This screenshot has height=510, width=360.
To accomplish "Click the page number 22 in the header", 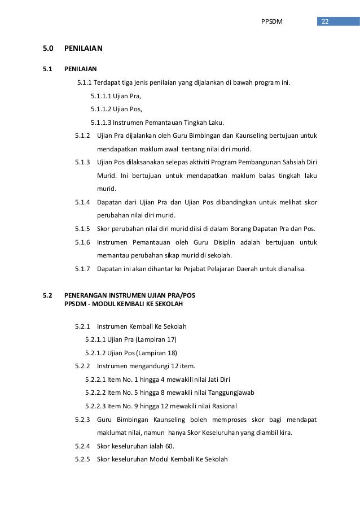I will [324, 22].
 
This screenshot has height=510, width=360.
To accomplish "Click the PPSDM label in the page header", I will [271, 22].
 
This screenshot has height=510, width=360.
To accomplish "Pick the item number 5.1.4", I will [83, 202].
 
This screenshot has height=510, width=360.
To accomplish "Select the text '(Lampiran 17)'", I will [158, 339].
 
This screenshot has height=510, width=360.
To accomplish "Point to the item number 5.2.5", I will [83, 459].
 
